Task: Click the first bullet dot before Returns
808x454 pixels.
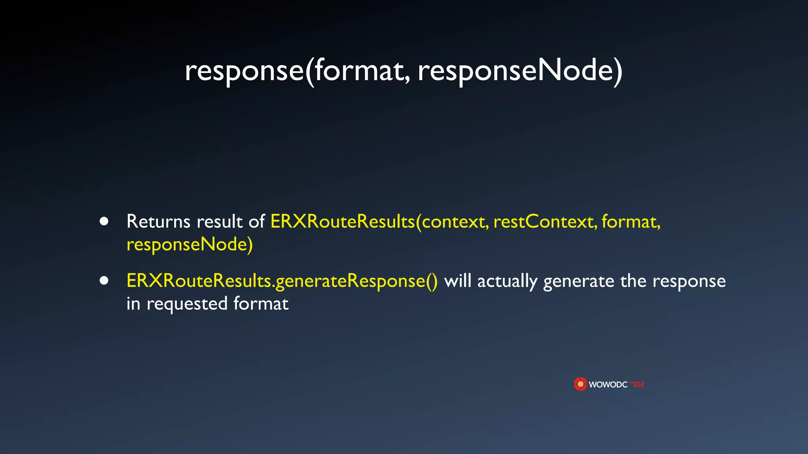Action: (104, 221)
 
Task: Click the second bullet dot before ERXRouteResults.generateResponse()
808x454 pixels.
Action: (104, 281)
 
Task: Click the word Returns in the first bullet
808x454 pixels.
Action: (158, 221)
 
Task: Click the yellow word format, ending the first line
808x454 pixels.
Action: (631, 221)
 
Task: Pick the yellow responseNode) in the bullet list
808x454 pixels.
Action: (189, 245)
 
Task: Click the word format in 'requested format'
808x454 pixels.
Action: (261, 304)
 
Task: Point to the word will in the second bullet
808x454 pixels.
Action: (458, 281)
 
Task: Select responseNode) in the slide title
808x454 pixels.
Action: (520, 71)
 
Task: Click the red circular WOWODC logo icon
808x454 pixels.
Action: (580, 384)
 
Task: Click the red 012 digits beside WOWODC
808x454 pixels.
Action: (638, 384)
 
